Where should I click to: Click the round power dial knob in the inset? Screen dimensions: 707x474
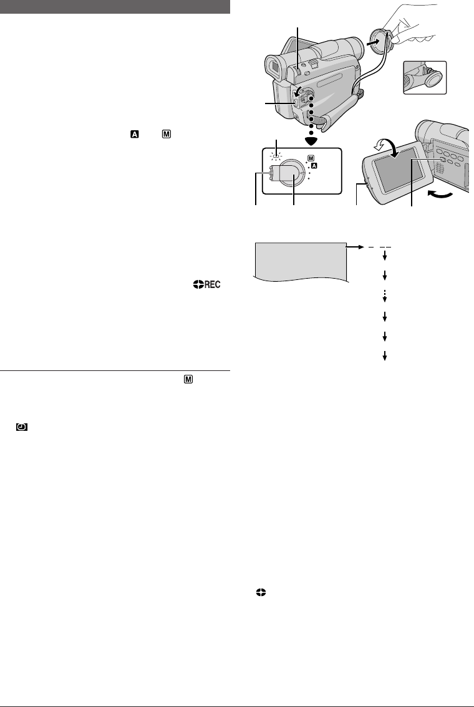pyautogui.click(x=291, y=174)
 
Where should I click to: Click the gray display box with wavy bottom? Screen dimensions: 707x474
pyautogui.click(x=299, y=260)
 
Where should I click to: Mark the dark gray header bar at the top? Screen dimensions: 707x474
pyautogui.click(x=116, y=7)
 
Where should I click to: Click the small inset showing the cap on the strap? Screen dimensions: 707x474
pyautogui.click(x=424, y=77)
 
